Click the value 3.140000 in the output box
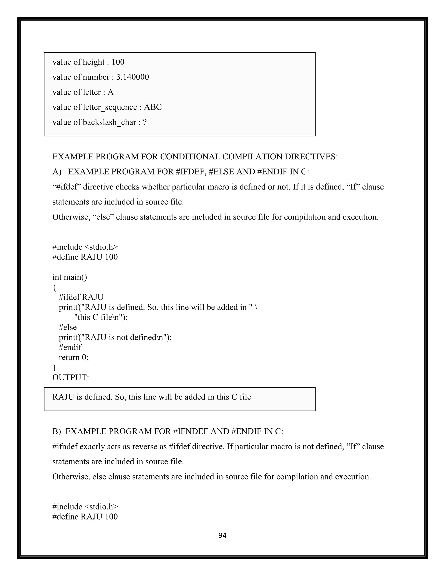coord(132,77)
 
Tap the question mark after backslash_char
coord(144,122)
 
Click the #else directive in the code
coord(68,327)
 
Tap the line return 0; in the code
coord(74,357)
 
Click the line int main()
coord(70,277)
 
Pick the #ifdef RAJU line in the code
coord(81,297)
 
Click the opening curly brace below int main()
coord(55,287)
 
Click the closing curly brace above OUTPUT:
coord(54,367)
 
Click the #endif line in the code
coord(70,347)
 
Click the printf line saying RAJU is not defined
coord(115,337)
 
